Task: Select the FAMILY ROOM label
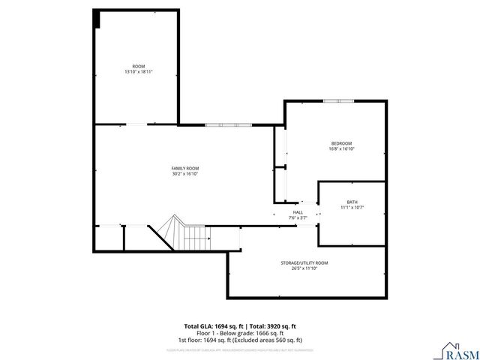[x=184, y=168]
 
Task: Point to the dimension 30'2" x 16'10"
[x=184, y=174]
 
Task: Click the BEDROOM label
[x=341, y=143]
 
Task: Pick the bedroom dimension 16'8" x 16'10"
[x=341, y=149]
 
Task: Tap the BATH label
[x=352, y=202]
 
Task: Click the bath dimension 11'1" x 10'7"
[x=352, y=207]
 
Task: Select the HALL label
[x=298, y=212]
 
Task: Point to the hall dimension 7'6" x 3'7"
[x=298, y=217]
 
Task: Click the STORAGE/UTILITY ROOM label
[x=304, y=262]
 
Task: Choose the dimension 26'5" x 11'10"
[x=304, y=268]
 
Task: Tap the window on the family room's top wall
[x=224, y=124]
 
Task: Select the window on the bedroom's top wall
[x=338, y=100]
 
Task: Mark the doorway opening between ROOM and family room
[x=136, y=124]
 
